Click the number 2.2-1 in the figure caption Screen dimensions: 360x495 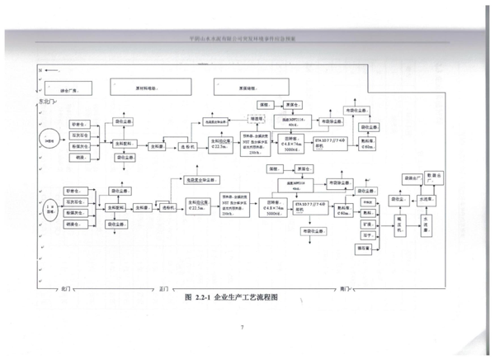[202, 296]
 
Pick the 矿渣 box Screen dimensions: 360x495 [367, 223]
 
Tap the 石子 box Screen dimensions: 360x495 [367, 234]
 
